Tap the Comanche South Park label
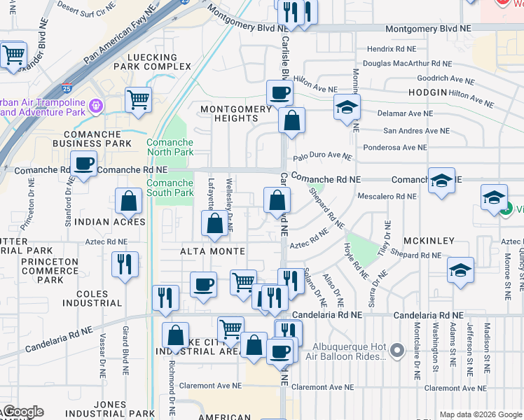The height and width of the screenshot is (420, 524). click(170, 188)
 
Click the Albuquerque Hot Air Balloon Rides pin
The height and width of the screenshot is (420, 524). click(398, 349)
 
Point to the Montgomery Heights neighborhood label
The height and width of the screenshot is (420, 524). click(235, 113)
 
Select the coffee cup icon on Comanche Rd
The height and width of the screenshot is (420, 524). click(84, 164)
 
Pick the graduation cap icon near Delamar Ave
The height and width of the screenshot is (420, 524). click(345, 107)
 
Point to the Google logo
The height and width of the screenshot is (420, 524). click(22, 412)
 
